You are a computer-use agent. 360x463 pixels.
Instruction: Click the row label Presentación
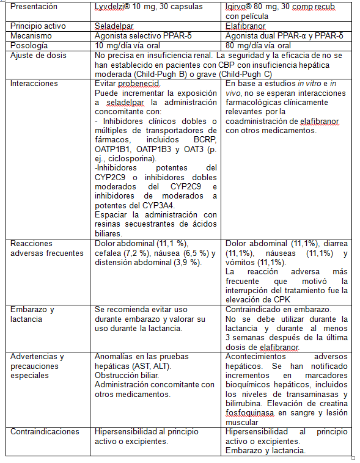coord(34,7)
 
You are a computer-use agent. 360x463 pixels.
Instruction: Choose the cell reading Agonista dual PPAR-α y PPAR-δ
coord(284,36)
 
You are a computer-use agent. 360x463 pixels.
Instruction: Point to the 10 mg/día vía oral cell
coord(132,46)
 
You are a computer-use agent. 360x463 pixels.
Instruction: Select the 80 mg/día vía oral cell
coord(258,46)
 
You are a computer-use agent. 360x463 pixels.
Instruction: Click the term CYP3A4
coord(157,205)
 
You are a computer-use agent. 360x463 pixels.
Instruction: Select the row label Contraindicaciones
coord(45,431)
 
